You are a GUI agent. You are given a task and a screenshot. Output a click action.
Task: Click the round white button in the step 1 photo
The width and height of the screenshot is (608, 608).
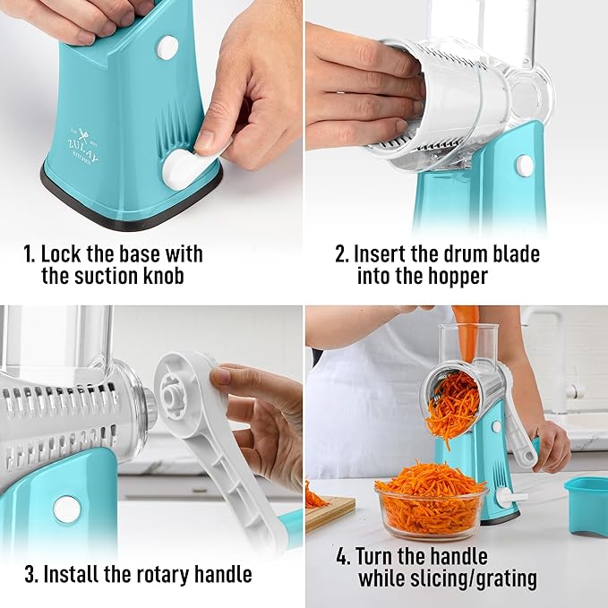pos(167,47)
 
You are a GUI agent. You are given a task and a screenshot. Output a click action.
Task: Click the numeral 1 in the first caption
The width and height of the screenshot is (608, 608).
pos(28,254)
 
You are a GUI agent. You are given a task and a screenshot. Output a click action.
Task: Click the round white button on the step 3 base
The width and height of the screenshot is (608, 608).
pos(66,509)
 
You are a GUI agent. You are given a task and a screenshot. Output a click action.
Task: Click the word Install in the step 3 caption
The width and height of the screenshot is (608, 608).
pos(76,573)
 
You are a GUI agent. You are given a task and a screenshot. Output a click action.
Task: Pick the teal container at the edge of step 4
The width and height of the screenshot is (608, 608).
pos(586,505)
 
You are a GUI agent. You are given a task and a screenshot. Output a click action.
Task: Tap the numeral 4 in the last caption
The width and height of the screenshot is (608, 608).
pos(341,556)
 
